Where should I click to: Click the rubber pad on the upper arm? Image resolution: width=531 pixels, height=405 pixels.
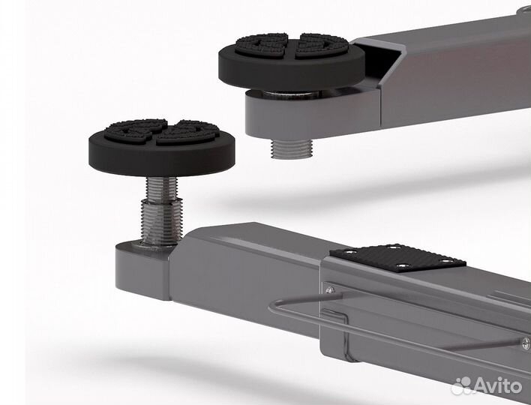point(292,61)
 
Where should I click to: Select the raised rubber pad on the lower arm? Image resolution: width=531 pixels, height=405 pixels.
point(162,147)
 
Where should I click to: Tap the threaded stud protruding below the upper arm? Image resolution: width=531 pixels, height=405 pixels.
point(290,149)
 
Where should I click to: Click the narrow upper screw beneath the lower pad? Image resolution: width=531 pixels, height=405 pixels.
point(161,189)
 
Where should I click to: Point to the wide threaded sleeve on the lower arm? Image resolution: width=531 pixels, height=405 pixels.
point(162,222)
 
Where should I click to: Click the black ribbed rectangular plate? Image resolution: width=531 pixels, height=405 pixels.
point(398,258)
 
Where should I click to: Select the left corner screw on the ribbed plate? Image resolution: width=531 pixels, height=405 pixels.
point(349,251)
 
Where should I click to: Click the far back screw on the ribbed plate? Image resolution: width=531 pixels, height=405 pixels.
point(393,247)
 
